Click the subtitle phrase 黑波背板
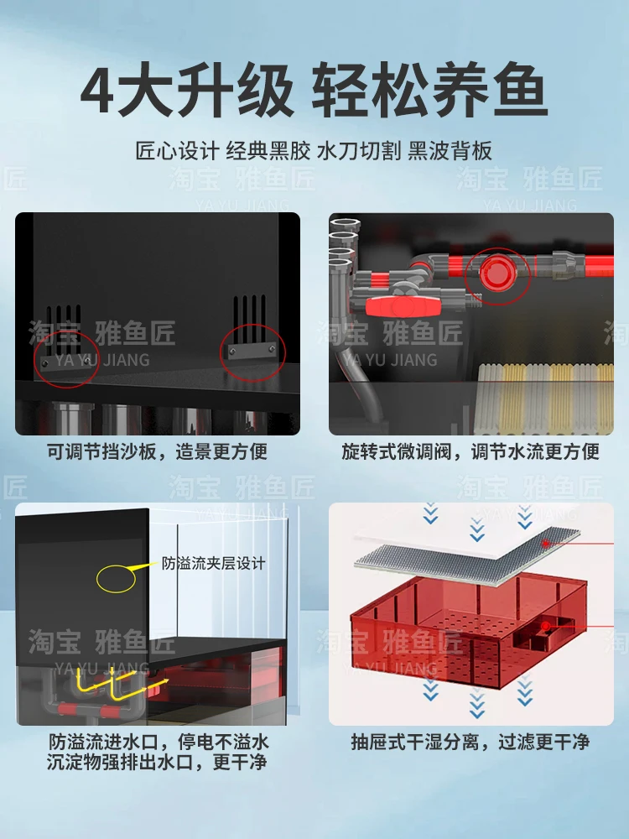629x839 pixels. pos(450,152)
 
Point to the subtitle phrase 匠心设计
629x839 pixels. pos(177,152)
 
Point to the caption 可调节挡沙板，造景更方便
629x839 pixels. pos(157,452)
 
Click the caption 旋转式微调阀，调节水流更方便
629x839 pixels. pos(470,452)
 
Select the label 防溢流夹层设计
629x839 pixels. pos(213,564)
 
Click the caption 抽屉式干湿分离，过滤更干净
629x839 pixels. pos(470,743)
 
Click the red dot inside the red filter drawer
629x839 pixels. pos(546,625)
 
